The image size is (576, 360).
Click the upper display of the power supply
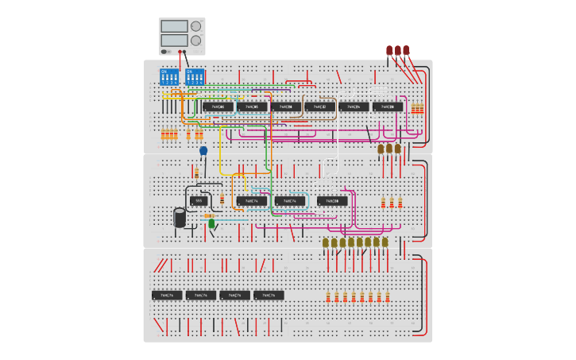(174, 26)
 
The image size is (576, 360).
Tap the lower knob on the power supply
(195, 41)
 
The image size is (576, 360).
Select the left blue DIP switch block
(170, 77)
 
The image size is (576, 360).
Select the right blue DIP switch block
(195, 77)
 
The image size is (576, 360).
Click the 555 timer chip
(199, 201)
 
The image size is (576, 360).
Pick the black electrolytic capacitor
(180, 218)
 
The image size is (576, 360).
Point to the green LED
(211, 224)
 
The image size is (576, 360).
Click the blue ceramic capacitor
(203, 150)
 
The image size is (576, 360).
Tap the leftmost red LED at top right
(389, 51)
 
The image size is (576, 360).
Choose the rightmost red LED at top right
(406, 51)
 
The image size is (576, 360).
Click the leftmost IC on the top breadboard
(218, 106)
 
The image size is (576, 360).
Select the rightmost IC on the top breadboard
(388, 106)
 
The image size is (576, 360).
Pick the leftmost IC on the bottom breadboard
(167, 295)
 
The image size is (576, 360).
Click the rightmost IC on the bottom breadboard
(269, 295)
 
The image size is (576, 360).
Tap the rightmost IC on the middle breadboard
(332, 201)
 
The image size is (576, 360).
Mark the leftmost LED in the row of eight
(326, 242)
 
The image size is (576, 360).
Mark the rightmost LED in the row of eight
(385, 242)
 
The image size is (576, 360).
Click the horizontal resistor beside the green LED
(208, 215)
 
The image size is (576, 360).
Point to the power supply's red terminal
(184, 52)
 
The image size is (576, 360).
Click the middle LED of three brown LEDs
(389, 149)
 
